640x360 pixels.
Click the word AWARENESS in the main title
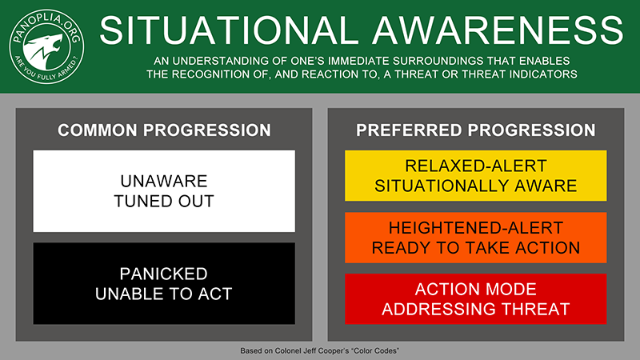498,30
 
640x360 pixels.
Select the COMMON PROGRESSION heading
164,130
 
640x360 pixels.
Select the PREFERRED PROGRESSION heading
475,130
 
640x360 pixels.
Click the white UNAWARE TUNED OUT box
164,191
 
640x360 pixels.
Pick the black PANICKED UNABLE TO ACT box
164,284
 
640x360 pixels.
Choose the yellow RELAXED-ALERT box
475,175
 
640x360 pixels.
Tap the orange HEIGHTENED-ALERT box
475,238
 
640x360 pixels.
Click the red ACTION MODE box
475,299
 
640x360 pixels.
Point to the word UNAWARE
164,182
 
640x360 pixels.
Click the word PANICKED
164,274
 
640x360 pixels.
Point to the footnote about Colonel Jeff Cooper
319,350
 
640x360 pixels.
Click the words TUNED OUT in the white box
164,202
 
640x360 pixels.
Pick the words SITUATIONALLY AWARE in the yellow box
475,186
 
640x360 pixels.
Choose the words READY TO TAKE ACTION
475,248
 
